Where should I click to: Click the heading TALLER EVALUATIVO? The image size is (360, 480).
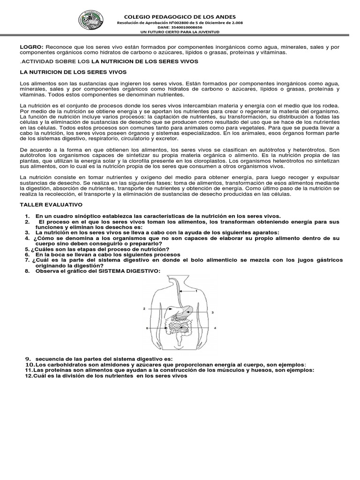point(51,205)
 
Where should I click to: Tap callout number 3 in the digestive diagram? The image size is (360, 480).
point(213,312)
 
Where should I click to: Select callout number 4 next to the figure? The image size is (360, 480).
point(215,328)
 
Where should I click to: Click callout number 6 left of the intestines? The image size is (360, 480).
point(147,328)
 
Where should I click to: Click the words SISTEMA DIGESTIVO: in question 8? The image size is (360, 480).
point(133,271)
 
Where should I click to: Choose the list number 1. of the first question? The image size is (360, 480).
point(28,216)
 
